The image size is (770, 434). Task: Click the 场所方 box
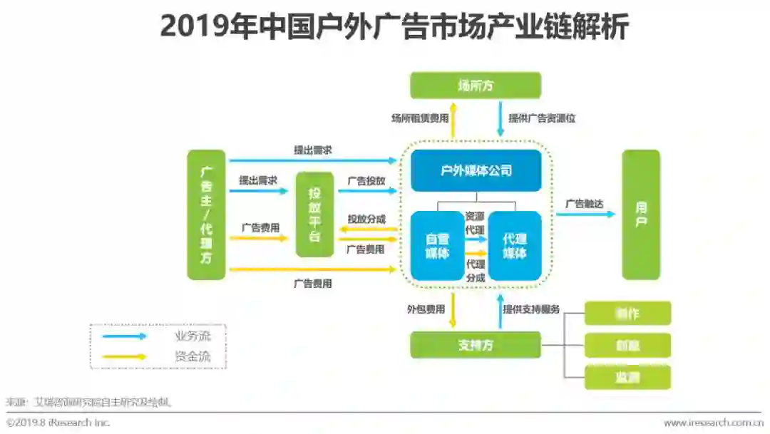(x=475, y=86)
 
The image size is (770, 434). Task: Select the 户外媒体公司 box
(x=476, y=171)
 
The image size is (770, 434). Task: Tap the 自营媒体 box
(x=437, y=246)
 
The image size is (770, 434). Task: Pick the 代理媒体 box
(x=514, y=246)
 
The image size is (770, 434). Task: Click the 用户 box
(x=641, y=215)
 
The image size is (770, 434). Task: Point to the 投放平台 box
(x=314, y=215)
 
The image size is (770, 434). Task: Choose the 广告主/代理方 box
(x=206, y=215)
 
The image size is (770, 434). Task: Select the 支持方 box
(x=476, y=345)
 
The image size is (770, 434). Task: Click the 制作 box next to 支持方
(x=627, y=314)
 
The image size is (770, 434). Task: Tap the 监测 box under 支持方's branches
(x=627, y=377)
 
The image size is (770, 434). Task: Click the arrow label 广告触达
(x=584, y=204)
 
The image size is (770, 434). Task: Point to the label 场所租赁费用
(x=420, y=118)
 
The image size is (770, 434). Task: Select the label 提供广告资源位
(x=542, y=118)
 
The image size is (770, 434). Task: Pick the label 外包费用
(x=426, y=309)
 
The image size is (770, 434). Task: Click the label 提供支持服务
(x=531, y=309)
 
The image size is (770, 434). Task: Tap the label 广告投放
(x=366, y=181)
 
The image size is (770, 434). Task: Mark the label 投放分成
(x=366, y=219)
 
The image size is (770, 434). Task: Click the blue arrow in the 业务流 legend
(x=125, y=336)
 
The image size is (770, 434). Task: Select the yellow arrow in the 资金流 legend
(x=125, y=356)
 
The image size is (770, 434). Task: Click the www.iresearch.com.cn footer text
(x=713, y=423)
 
